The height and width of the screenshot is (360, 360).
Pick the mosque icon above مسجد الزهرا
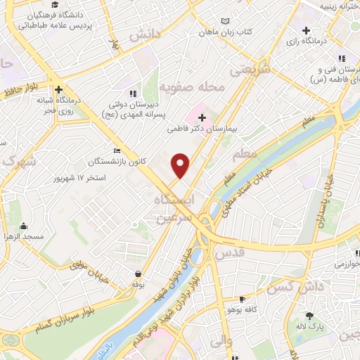point(24,226)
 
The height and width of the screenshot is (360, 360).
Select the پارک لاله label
point(309,326)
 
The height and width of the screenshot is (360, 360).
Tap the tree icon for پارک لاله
point(309,316)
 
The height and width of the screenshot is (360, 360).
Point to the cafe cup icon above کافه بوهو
point(243,299)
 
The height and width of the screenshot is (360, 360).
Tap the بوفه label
point(137,285)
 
